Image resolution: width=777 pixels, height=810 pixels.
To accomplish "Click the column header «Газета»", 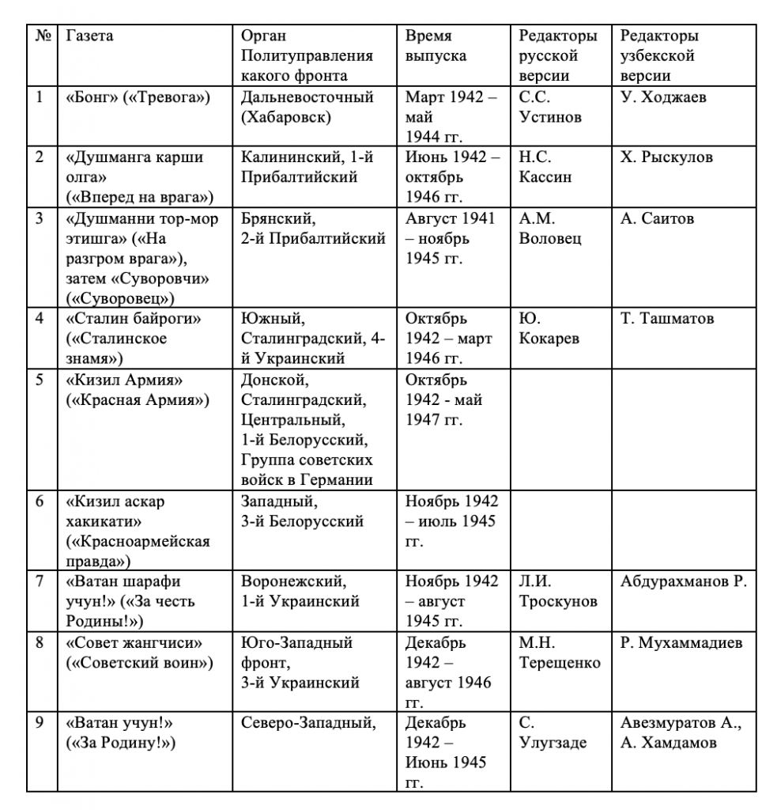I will click(89, 36).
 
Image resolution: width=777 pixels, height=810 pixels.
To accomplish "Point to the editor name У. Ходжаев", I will click(663, 98).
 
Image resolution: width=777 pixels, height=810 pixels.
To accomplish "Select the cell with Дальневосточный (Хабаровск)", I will click(307, 108).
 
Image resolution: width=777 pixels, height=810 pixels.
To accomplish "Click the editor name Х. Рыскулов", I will click(666, 157).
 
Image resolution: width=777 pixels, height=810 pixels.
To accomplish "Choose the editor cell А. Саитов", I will click(657, 219).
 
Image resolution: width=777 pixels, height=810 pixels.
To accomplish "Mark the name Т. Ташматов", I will click(666, 320).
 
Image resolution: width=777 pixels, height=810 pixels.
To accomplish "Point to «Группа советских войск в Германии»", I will click(307, 470).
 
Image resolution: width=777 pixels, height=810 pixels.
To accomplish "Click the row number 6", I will click(40, 502).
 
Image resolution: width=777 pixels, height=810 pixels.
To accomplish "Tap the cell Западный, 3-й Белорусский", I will click(302, 511).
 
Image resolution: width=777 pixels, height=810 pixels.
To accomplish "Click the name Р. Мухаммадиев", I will click(681, 642).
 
